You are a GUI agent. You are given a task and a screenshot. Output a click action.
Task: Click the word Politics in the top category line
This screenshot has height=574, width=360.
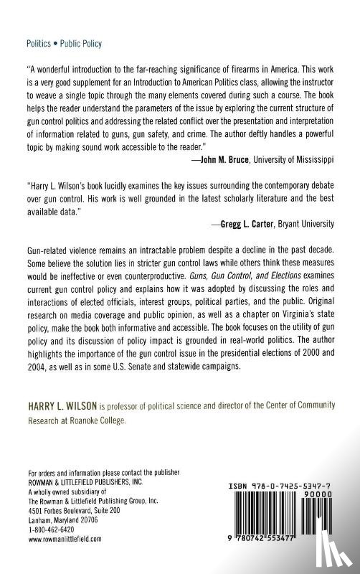pos(38,44)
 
